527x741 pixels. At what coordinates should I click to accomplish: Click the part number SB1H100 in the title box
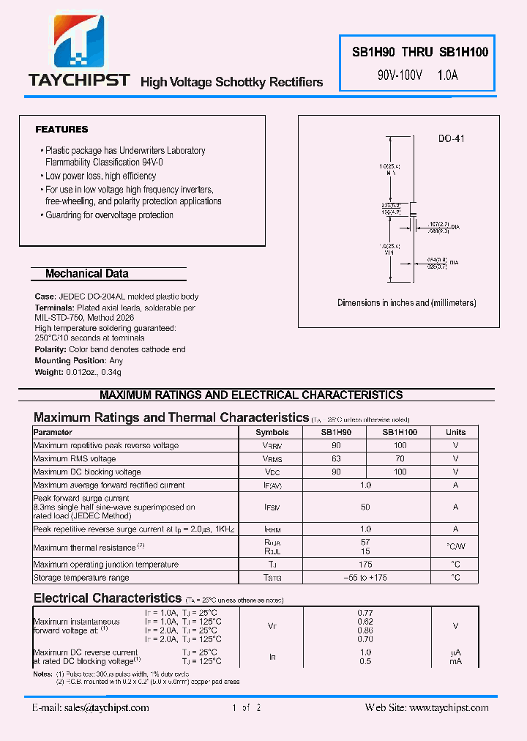pos(463,53)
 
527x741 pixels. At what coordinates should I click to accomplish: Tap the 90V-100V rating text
pos(400,75)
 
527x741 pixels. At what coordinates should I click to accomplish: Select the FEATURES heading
pos(61,130)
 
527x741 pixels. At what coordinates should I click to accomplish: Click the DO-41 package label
pos(452,138)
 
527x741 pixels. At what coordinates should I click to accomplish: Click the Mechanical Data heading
pos(86,274)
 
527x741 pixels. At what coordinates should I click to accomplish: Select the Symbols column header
pos(272,433)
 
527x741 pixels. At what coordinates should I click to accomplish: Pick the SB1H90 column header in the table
pos(336,433)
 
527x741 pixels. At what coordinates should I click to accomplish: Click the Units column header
pos(455,433)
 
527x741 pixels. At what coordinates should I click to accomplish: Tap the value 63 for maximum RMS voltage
pos(336,459)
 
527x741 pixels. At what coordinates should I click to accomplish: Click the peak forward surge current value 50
pos(365,507)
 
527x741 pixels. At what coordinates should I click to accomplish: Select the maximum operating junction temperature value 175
pos(365,565)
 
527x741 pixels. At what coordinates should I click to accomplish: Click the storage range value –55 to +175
pos(365,578)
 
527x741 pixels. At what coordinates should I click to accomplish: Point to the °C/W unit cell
pos(455,547)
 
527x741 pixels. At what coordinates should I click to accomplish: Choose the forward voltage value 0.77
pos(365,612)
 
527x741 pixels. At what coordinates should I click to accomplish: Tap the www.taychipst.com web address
pos(449,707)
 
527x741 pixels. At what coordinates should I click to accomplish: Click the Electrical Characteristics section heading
pos(107,598)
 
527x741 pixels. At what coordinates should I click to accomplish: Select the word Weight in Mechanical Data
pos(48,372)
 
